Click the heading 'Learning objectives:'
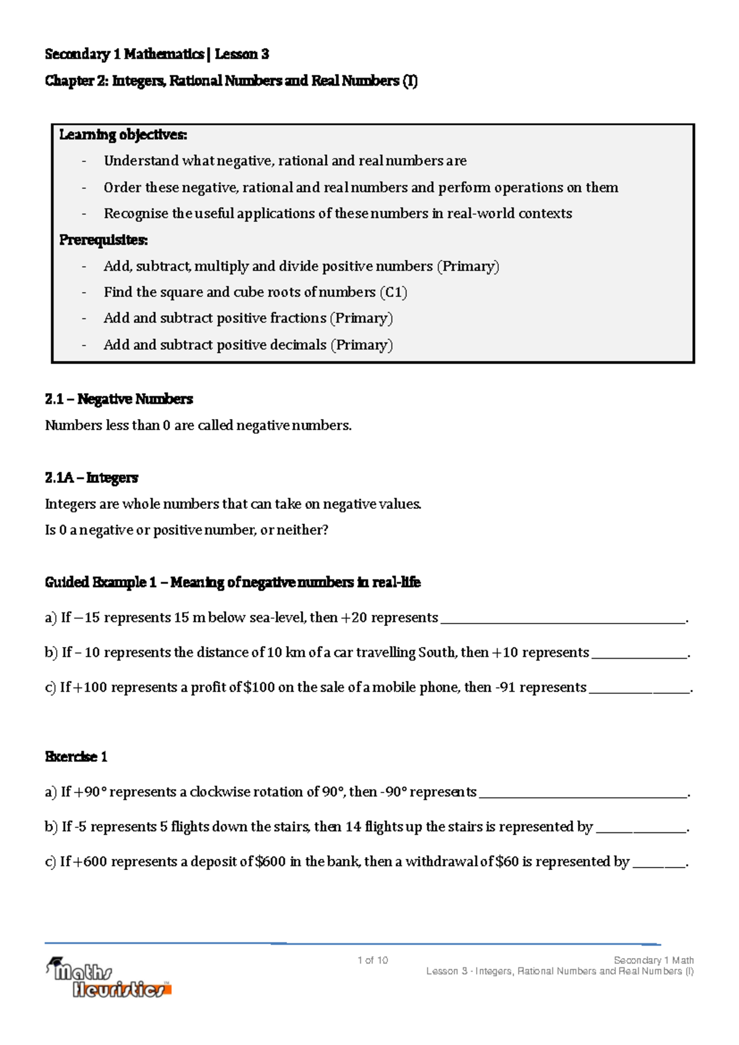(x=123, y=134)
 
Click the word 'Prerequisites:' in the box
(x=103, y=240)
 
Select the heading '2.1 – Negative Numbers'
(x=119, y=399)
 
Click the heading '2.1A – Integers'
(x=91, y=478)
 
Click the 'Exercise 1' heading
(x=76, y=757)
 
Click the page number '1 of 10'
(x=373, y=960)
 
